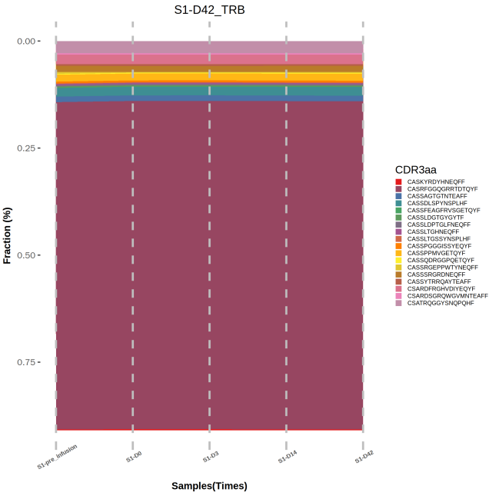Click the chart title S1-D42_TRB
(x=209, y=10)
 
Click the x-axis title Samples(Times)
(x=209, y=486)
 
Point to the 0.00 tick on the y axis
(x=28, y=41)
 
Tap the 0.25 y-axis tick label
(x=28, y=148)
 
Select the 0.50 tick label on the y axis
(x=28, y=254)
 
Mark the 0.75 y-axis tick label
(x=28, y=361)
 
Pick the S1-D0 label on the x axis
(x=135, y=457)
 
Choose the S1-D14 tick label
(x=287, y=457)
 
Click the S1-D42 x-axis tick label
(x=364, y=457)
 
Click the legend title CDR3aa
(x=416, y=169)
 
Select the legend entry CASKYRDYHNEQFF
(x=436, y=181)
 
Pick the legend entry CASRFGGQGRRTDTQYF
(x=442, y=188)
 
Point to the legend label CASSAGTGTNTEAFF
(x=437, y=196)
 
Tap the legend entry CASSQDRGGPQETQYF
(x=440, y=260)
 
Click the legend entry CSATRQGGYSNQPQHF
(x=440, y=303)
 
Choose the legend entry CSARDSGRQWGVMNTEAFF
(x=447, y=296)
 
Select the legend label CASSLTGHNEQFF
(x=433, y=231)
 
